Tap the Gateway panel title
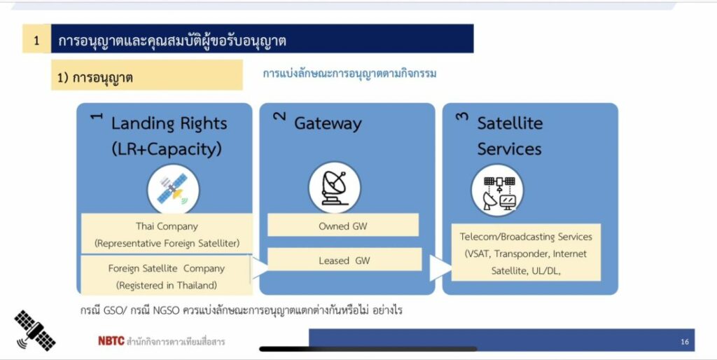pyautogui.click(x=328, y=123)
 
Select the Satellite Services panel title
pyautogui.click(x=510, y=136)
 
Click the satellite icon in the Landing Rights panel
pyautogui.click(x=174, y=189)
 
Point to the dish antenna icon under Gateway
pyautogui.click(x=334, y=188)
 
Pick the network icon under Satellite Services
pyautogui.click(x=497, y=191)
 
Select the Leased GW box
pyautogui.click(x=344, y=260)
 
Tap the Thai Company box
pyautogui.click(x=167, y=234)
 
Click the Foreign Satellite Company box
pyautogui.click(x=167, y=275)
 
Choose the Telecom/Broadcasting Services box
pyautogui.click(x=526, y=253)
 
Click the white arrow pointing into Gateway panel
pyautogui.click(x=260, y=268)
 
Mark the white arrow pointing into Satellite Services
pyautogui.click(x=440, y=268)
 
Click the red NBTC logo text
pyautogui.click(x=111, y=341)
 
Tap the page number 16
pyautogui.click(x=685, y=342)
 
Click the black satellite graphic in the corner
pyautogui.click(x=35, y=331)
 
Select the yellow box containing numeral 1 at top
pyautogui.click(x=36, y=39)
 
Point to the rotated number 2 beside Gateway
pyautogui.click(x=279, y=116)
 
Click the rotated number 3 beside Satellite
pyautogui.click(x=462, y=116)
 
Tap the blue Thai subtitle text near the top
pyautogui.click(x=349, y=74)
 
